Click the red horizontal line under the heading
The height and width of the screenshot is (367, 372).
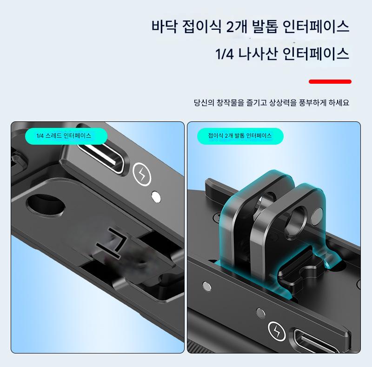tap(330, 82)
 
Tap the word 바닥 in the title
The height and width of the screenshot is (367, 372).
tap(164, 26)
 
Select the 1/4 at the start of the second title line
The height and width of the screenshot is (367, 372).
tap(224, 53)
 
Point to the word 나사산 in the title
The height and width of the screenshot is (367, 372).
tap(258, 53)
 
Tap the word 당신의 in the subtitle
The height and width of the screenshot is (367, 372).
tap(204, 102)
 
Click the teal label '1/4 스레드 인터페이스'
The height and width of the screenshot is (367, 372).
tap(66, 136)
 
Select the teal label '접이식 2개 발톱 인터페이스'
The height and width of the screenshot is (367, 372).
tap(240, 136)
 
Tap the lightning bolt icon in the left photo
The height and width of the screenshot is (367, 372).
tap(142, 174)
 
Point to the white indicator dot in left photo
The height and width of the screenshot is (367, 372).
tap(156, 197)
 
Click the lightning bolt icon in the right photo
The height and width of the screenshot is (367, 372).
tap(277, 331)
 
